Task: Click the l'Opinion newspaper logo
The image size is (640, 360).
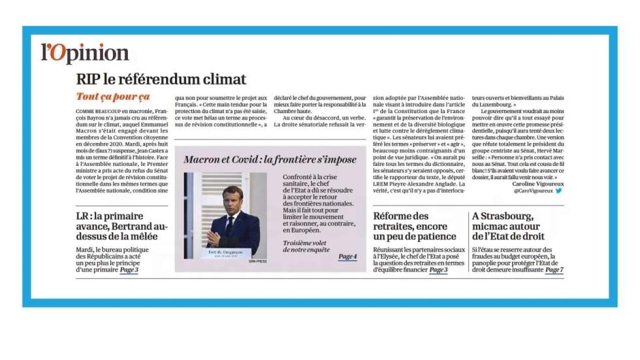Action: (x=85, y=53)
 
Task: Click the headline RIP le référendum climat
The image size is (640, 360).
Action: (x=161, y=80)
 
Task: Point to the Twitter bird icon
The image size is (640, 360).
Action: (x=558, y=191)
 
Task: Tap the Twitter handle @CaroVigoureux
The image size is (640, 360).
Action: (x=532, y=191)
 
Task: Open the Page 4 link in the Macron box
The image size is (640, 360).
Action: (x=347, y=257)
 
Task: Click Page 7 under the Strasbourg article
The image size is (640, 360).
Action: (x=554, y=269)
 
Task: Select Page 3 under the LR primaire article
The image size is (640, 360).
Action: (x=129, y=269)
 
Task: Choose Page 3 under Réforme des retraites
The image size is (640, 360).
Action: (x=438, y=269)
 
